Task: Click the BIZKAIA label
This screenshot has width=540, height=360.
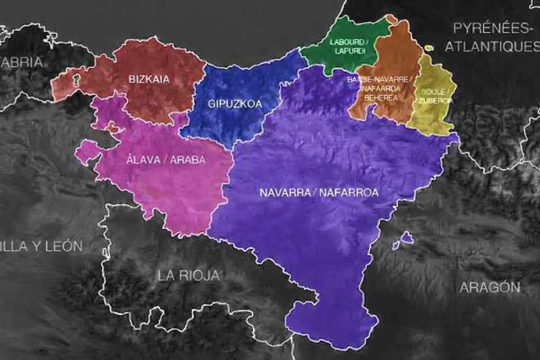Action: tap(149, 80)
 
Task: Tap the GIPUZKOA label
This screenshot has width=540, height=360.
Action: tap(235, 104)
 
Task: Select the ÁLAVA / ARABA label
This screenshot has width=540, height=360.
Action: tap(166, 160)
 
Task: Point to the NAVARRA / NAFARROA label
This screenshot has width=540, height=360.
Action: tap(319, 193)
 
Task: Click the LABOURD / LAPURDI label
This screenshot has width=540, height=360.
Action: tap(349, 47)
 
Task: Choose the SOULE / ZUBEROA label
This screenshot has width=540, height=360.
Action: tap(435, 96)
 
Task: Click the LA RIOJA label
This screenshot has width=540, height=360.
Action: tap(189, 275)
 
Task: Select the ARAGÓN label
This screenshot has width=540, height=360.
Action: tap(490, 287)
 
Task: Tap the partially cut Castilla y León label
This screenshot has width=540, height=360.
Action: tap(40, 246)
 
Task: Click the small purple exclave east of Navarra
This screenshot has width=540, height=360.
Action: tap(407, 237)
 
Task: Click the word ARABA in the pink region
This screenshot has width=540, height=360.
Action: tap(189, 160)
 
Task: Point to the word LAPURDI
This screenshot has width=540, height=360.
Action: tap(349, 52)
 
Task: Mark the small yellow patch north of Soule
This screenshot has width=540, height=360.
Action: tap(428, 48)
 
